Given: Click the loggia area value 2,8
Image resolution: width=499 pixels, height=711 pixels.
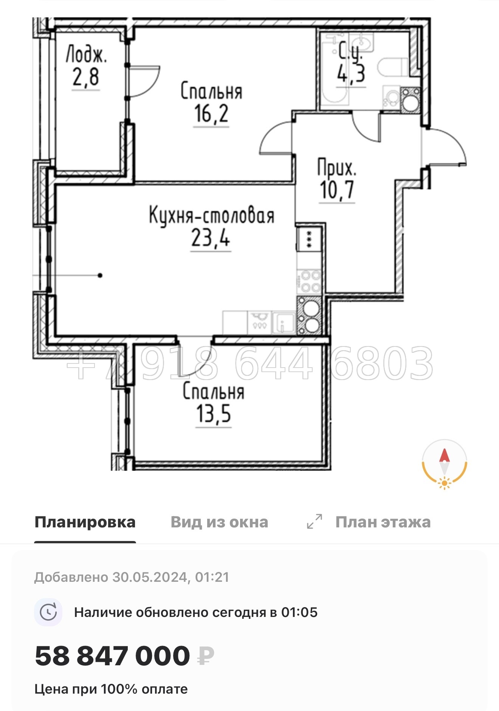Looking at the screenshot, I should coord(86,77).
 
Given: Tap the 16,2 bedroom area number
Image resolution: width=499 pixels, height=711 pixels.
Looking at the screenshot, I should coord(211,113).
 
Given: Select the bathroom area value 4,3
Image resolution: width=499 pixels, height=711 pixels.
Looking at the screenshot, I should coord(351,74).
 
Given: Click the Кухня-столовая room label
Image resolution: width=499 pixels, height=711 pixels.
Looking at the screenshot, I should coord(212,216).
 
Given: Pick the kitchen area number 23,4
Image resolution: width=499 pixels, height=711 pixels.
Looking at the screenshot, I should coord(211,238).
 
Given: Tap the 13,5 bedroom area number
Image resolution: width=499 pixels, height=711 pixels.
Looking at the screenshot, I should coord(214,414).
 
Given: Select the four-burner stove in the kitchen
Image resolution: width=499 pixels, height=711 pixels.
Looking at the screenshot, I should coord(309,281).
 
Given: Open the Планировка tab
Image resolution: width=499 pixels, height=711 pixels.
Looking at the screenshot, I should coord(85,522).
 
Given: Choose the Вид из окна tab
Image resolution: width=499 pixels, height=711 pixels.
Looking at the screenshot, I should coord(219,522).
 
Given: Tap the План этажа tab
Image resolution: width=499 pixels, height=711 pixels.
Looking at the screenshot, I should coord(383,522).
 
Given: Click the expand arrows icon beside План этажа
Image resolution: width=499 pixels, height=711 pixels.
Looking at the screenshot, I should coord(315,522).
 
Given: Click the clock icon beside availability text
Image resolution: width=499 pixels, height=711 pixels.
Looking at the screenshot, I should coord(48,612).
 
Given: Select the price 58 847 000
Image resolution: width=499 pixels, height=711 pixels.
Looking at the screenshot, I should coord(112,656).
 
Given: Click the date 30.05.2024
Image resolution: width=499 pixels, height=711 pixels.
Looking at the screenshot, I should coord(150,577).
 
